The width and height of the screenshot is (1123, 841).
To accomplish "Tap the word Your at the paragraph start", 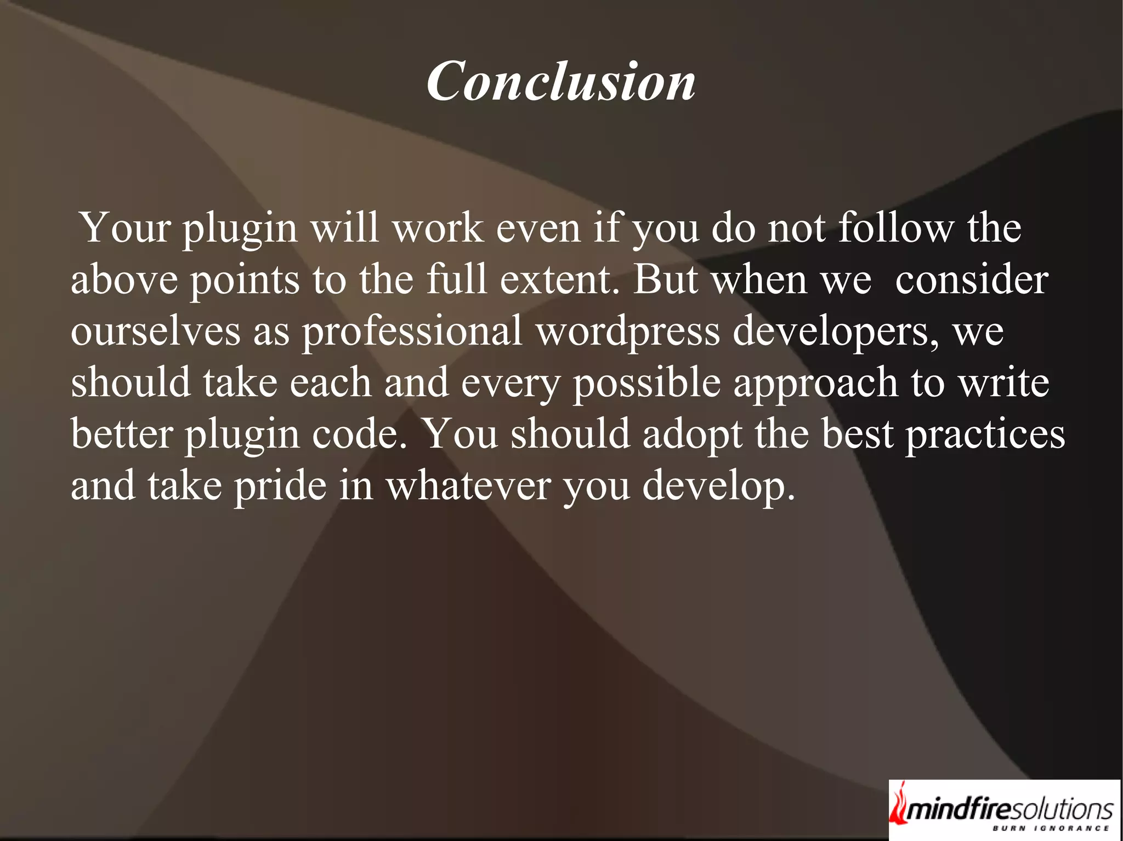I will [x=125, y=227].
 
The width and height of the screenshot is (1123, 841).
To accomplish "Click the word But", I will [x=666, y=279].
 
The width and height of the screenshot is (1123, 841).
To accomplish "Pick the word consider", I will [x=972, y=279].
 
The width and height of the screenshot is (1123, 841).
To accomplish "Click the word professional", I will [x=412, y=332].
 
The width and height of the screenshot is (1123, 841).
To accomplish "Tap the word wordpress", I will [x=628, y=332].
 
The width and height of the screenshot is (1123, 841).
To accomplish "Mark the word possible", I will [x=646, y=383].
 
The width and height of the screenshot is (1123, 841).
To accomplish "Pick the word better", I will [x=122, y=433].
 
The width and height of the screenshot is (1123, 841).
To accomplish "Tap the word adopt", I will [x=692, y=434].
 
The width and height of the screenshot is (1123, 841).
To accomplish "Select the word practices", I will [x=985, y=434].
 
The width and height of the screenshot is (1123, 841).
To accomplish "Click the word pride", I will [x=280, y=486].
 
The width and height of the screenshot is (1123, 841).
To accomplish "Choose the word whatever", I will [x=468, y=486].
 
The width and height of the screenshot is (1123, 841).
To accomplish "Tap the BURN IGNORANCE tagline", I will [x=1051, y=828].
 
